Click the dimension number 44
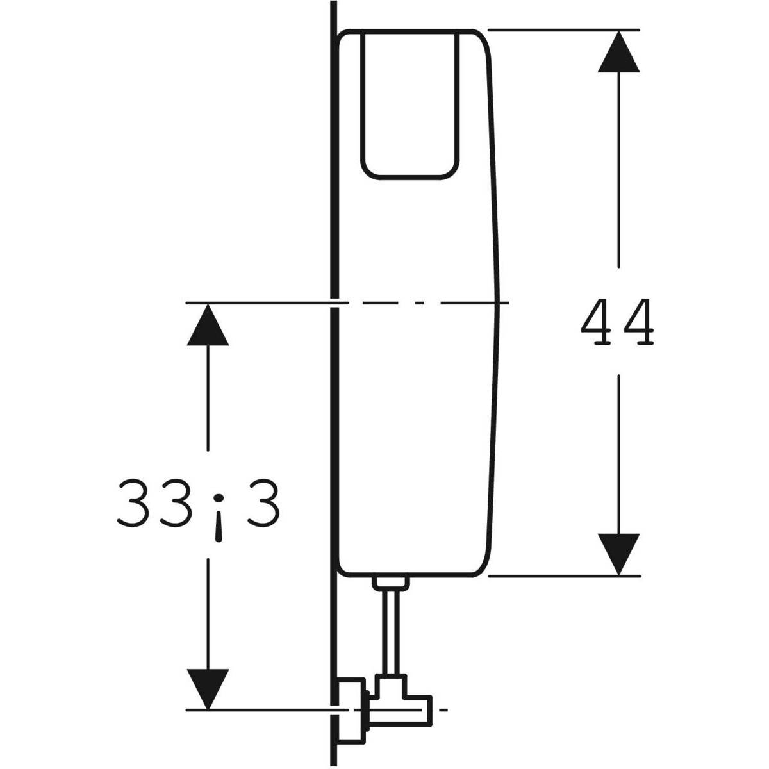pos(618,322)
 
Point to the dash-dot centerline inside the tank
pos(417,302)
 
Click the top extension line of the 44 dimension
pos(564,29)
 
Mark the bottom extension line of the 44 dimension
pos(564,575)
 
